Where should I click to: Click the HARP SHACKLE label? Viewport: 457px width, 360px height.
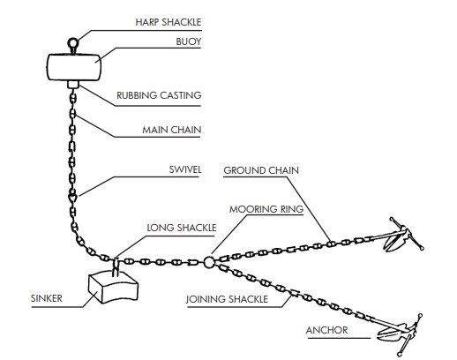point(169,22)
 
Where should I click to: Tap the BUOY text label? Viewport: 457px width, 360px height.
point(189,41)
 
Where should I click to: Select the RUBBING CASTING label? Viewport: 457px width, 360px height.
point(159,95)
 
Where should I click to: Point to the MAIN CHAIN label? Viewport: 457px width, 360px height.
point(172,130)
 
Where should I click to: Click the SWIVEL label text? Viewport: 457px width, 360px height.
point(185,169)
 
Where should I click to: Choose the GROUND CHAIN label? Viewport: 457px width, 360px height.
point(261,170)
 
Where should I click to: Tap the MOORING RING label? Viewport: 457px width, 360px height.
point(266,209)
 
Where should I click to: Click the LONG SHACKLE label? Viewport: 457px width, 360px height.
point(182,228)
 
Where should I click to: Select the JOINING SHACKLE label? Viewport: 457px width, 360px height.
point(227,299)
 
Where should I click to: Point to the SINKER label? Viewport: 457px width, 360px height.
point(47,298)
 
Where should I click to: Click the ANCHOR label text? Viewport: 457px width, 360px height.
point(326,330)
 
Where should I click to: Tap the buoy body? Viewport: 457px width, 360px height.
point(74,67)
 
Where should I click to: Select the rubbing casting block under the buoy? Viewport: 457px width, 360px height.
point(73,85)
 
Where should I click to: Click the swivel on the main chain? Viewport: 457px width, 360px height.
point(72,196)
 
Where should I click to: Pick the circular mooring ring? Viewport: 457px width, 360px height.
point(209,262)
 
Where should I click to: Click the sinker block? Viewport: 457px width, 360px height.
point(113,288)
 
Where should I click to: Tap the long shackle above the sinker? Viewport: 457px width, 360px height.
point(116,267)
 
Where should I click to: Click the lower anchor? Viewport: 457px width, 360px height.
point(399,333)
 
